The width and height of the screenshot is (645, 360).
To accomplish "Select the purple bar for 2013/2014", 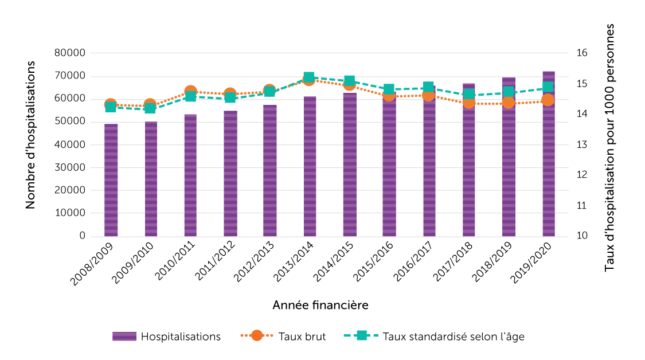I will (x=310, y=166).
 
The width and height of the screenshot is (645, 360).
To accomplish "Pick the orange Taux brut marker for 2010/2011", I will (x=191, y=92).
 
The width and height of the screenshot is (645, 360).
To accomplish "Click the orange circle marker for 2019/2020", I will (x=548, y=100).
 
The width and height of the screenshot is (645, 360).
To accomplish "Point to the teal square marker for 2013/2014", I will (x=309, y=77).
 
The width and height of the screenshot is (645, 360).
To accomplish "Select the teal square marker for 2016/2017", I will (x=428, y=88).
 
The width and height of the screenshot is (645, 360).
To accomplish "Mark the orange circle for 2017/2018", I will (x=469, y=103).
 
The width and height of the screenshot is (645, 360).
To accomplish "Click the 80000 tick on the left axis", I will (x=73, y=53).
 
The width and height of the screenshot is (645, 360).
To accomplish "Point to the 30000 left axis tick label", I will (x=73, y=167).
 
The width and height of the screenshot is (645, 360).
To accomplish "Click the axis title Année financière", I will (x=320, y=305).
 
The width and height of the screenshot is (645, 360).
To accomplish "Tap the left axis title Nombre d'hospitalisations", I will (x=30, y=135).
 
